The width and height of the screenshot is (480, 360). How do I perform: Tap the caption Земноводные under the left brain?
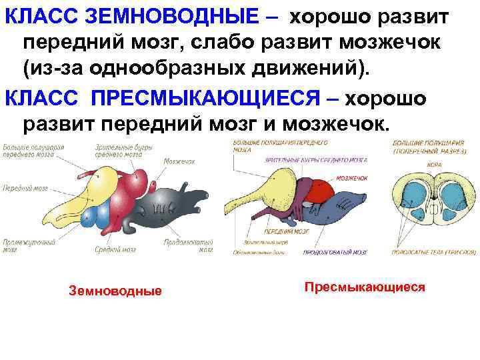point(115,291)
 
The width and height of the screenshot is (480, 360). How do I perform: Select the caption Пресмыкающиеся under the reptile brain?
point(365,287)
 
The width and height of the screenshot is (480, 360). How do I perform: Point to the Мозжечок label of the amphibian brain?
point(179,161)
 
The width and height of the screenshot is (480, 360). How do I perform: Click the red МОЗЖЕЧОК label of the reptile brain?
point(352,178)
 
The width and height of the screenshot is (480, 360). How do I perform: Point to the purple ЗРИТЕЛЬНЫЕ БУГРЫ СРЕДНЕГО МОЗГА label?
point(316,161)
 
